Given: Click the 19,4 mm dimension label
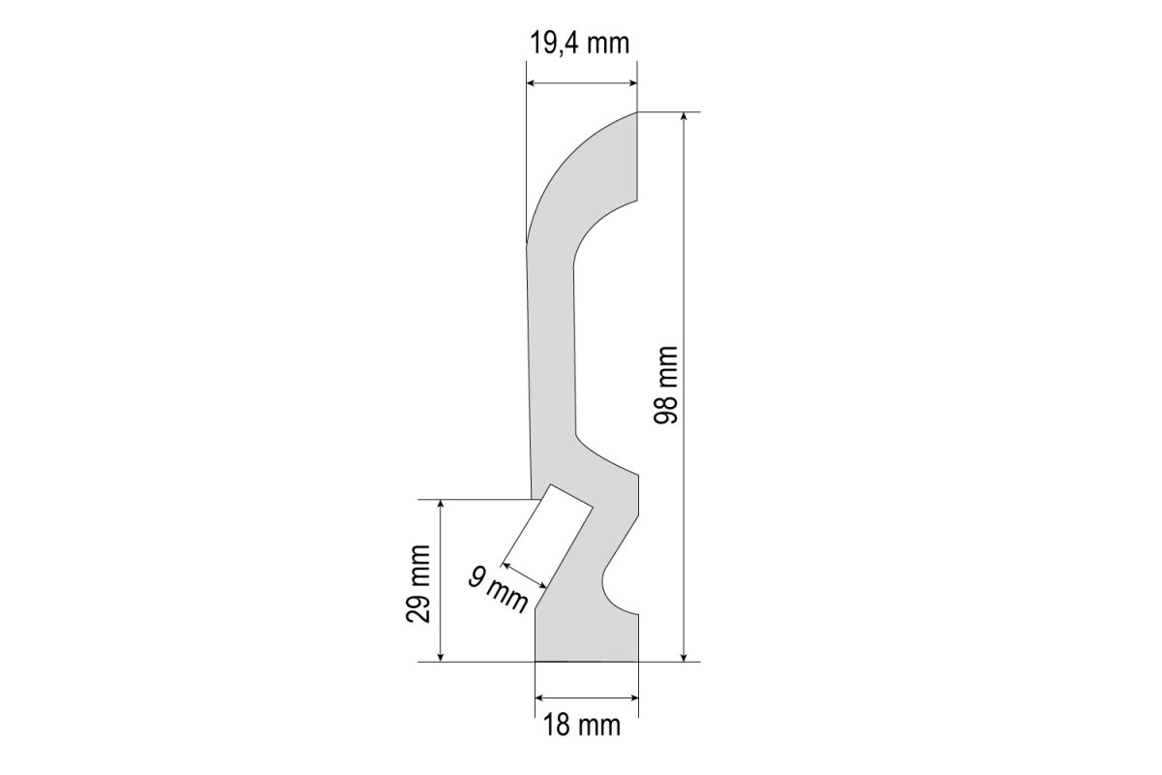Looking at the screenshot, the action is coord(579,43).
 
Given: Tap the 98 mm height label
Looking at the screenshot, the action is coord(665,386).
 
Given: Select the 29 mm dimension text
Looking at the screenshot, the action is coord(418,584).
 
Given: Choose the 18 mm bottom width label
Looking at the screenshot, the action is coord(582,726).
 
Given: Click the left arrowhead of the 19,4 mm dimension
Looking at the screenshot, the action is coord(531,83).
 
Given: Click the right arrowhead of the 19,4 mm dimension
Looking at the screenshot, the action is coord(633,83).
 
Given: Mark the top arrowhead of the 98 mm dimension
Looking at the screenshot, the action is coord(684,115).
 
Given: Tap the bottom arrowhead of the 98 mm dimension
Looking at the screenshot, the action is coord(684,658).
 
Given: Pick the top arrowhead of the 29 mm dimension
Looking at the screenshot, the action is coord(441,504).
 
